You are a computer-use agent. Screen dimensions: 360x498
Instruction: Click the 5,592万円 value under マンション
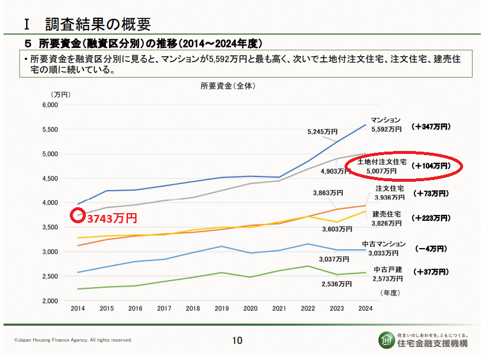click(386, 128)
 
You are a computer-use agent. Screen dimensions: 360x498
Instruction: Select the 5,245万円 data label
click(322, 131)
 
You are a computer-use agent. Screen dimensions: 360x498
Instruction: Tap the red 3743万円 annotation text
click(112, 218)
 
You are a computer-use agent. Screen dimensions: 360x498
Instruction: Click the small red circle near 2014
click(78, 216)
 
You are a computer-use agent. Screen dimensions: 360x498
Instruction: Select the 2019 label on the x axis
click(221, 308)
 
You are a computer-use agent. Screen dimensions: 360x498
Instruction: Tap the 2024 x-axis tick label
click(366, 308)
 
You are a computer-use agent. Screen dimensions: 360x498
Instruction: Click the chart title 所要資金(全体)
click(228, 85)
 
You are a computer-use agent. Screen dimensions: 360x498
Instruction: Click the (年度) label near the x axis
click(391, 292)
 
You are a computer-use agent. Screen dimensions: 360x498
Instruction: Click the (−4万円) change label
click(432, 249)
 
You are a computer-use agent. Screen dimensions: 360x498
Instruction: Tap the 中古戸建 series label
click(388, 269)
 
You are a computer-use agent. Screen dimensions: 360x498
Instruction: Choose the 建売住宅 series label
click(387, 214)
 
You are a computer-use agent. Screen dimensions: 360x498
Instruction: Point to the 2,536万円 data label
click(337, 284)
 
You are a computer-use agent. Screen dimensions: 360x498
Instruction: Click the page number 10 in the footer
click(237, 340)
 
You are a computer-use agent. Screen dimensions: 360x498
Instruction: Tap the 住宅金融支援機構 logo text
click(433, 343)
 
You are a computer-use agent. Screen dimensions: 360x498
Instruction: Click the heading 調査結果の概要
click(98, 24)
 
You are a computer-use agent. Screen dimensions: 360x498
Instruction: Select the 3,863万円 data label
click(328, 192)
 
